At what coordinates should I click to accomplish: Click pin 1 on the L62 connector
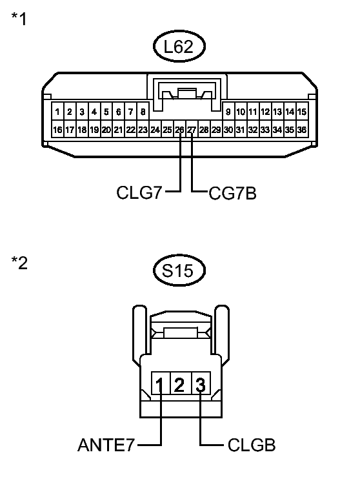click(x=57, y=112)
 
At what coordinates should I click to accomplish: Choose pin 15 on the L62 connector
click(x=301, y=112)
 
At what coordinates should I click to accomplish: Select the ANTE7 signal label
click(x=106, y=445)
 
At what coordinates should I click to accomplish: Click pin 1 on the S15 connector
click(x=159, y=386)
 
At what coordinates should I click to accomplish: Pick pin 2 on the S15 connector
click(x=180, y=386)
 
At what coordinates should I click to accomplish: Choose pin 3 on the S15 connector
click(x=201, y=386)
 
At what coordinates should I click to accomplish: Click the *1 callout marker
click(x=19, y=19)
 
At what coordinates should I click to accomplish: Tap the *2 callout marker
click(x=19, y=264)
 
